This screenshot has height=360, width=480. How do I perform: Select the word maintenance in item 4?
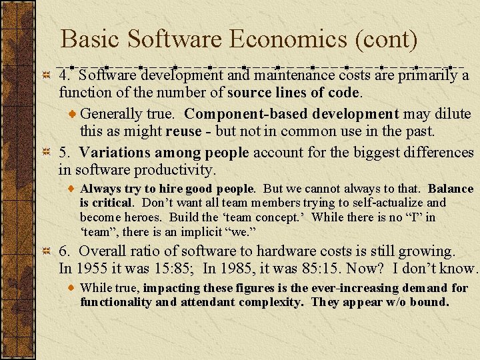287,75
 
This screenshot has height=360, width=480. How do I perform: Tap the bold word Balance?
451,189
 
